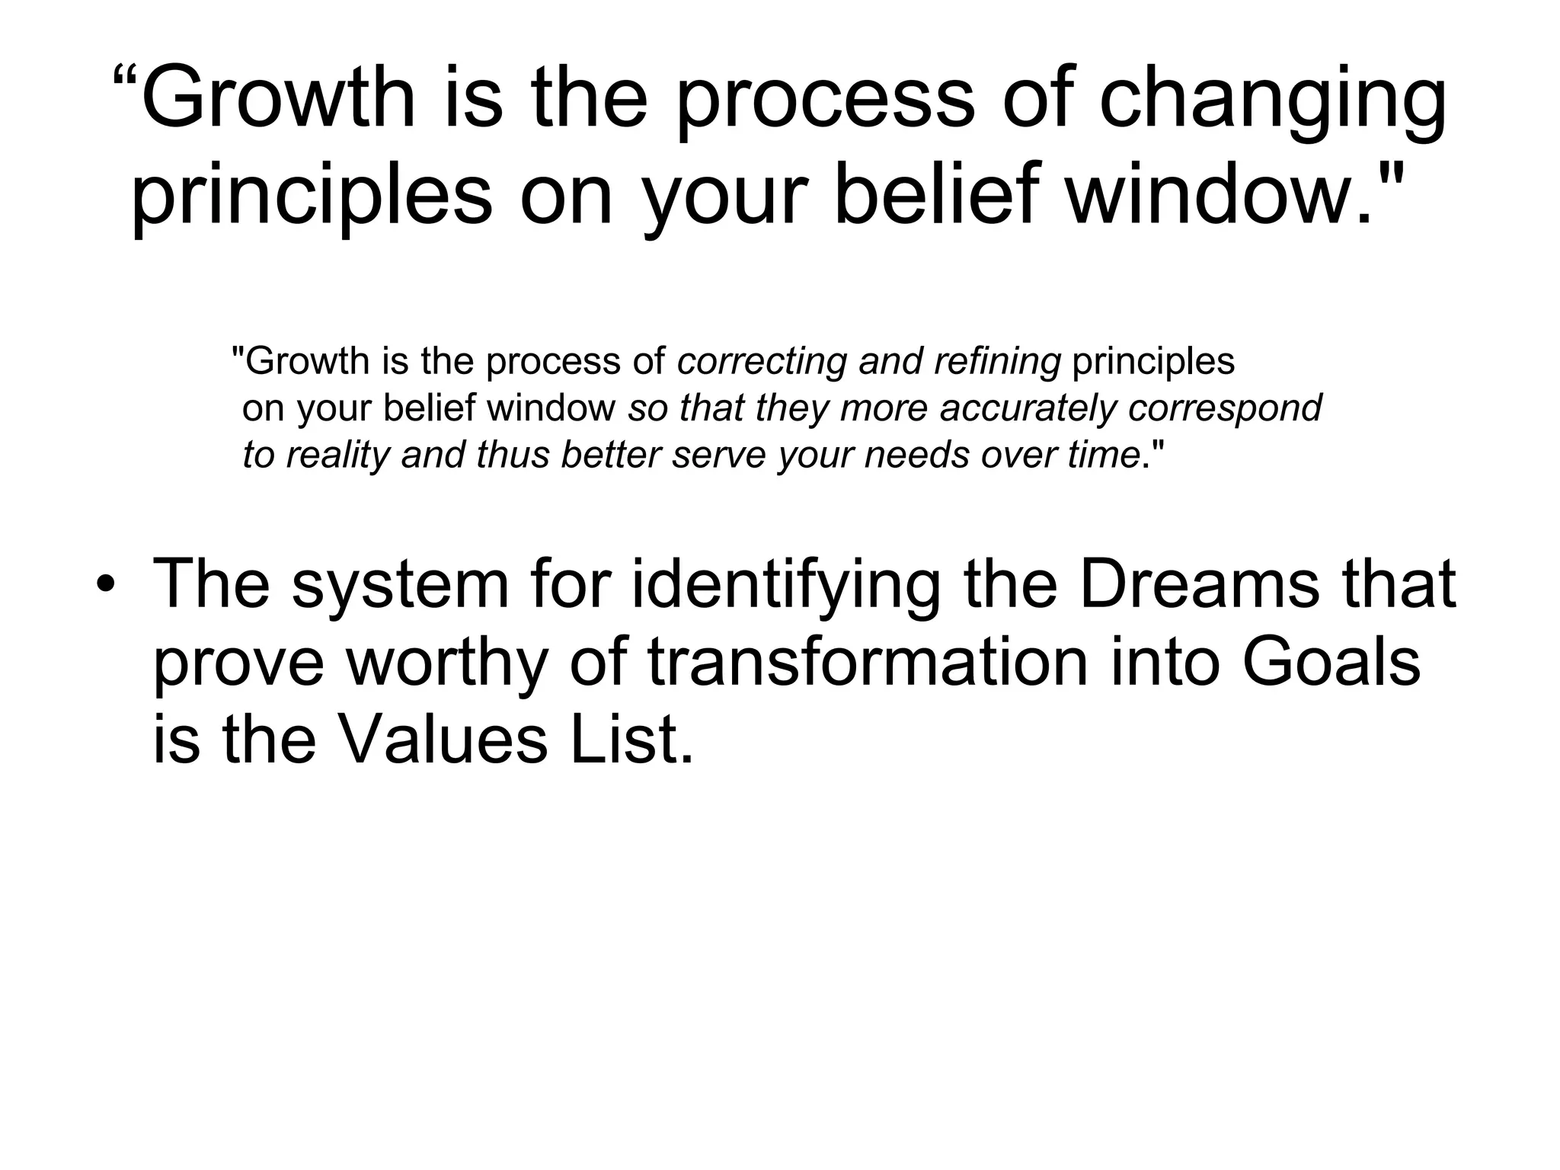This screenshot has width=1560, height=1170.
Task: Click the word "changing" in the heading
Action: (1272, 104)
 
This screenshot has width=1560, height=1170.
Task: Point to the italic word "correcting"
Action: (761, 361)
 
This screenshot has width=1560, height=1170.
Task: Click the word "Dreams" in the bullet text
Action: (1199, 585)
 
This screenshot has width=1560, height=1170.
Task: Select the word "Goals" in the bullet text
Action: (1331, 662)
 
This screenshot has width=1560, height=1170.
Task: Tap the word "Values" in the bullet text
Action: (442, 740)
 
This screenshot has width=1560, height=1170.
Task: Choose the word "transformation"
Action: (868, 662)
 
